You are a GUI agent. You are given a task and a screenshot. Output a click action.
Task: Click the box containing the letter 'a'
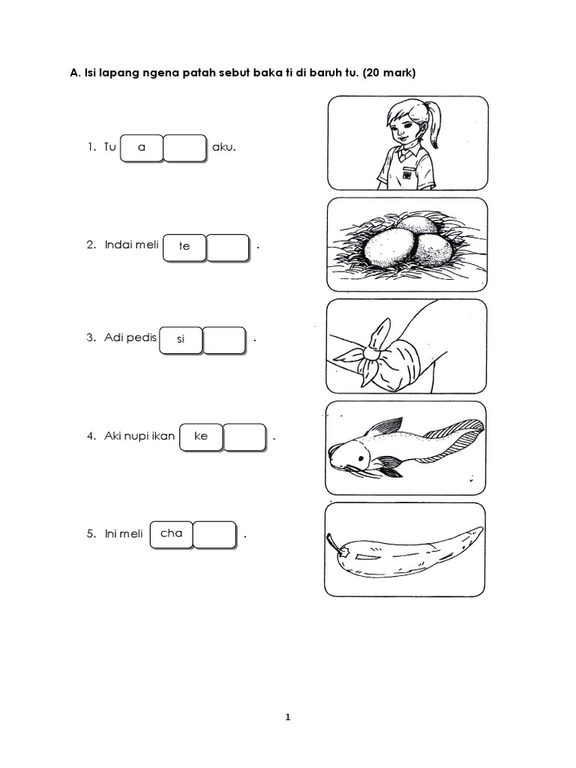(142, 148)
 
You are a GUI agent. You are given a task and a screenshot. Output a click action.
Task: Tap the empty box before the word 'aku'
(184, 148)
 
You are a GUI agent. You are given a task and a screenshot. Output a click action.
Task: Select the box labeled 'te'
(184, 247)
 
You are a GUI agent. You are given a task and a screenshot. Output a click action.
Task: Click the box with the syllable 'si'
(181, 340)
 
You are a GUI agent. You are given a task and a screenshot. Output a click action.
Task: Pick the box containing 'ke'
(201, 437)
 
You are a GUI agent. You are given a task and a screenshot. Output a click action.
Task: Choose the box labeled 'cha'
(172, 535)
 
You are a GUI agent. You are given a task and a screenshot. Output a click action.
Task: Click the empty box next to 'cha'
(215, 535)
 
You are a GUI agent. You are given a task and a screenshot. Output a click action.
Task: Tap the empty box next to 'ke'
(245, 437)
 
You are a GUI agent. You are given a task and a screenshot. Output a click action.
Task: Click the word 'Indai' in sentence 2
(116, 244)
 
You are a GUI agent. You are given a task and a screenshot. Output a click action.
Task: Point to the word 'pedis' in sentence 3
(143, 338)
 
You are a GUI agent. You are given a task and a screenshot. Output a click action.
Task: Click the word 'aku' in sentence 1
(223, 147)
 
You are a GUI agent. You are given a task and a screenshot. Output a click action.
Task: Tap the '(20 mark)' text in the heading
(389, 73)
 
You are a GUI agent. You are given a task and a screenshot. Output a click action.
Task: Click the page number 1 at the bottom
(288, 717)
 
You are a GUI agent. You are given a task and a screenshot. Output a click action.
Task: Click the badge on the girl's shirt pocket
(407, 173)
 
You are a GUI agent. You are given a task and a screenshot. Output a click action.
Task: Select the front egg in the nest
(388, 249)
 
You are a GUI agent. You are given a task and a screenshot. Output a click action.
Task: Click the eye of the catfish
(361, 458)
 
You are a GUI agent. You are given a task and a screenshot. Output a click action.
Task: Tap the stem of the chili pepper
(334, 544)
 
